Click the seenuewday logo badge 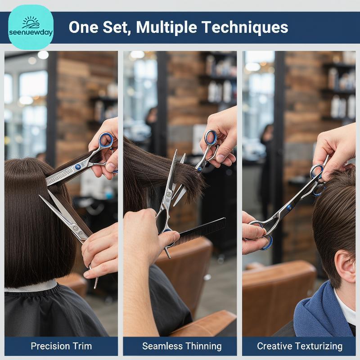click(x=31, y=27)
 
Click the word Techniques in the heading click(x=245, y=27)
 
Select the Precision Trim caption click(x=61, y=346)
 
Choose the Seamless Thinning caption click(x=182, y=346)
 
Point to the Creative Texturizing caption click(x=300, y=346)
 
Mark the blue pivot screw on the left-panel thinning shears click(x=78, y=167)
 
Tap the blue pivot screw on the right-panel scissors click(x=289, y=208)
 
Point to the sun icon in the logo click(x=31, y=22)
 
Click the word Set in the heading click(x=117, y=27)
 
